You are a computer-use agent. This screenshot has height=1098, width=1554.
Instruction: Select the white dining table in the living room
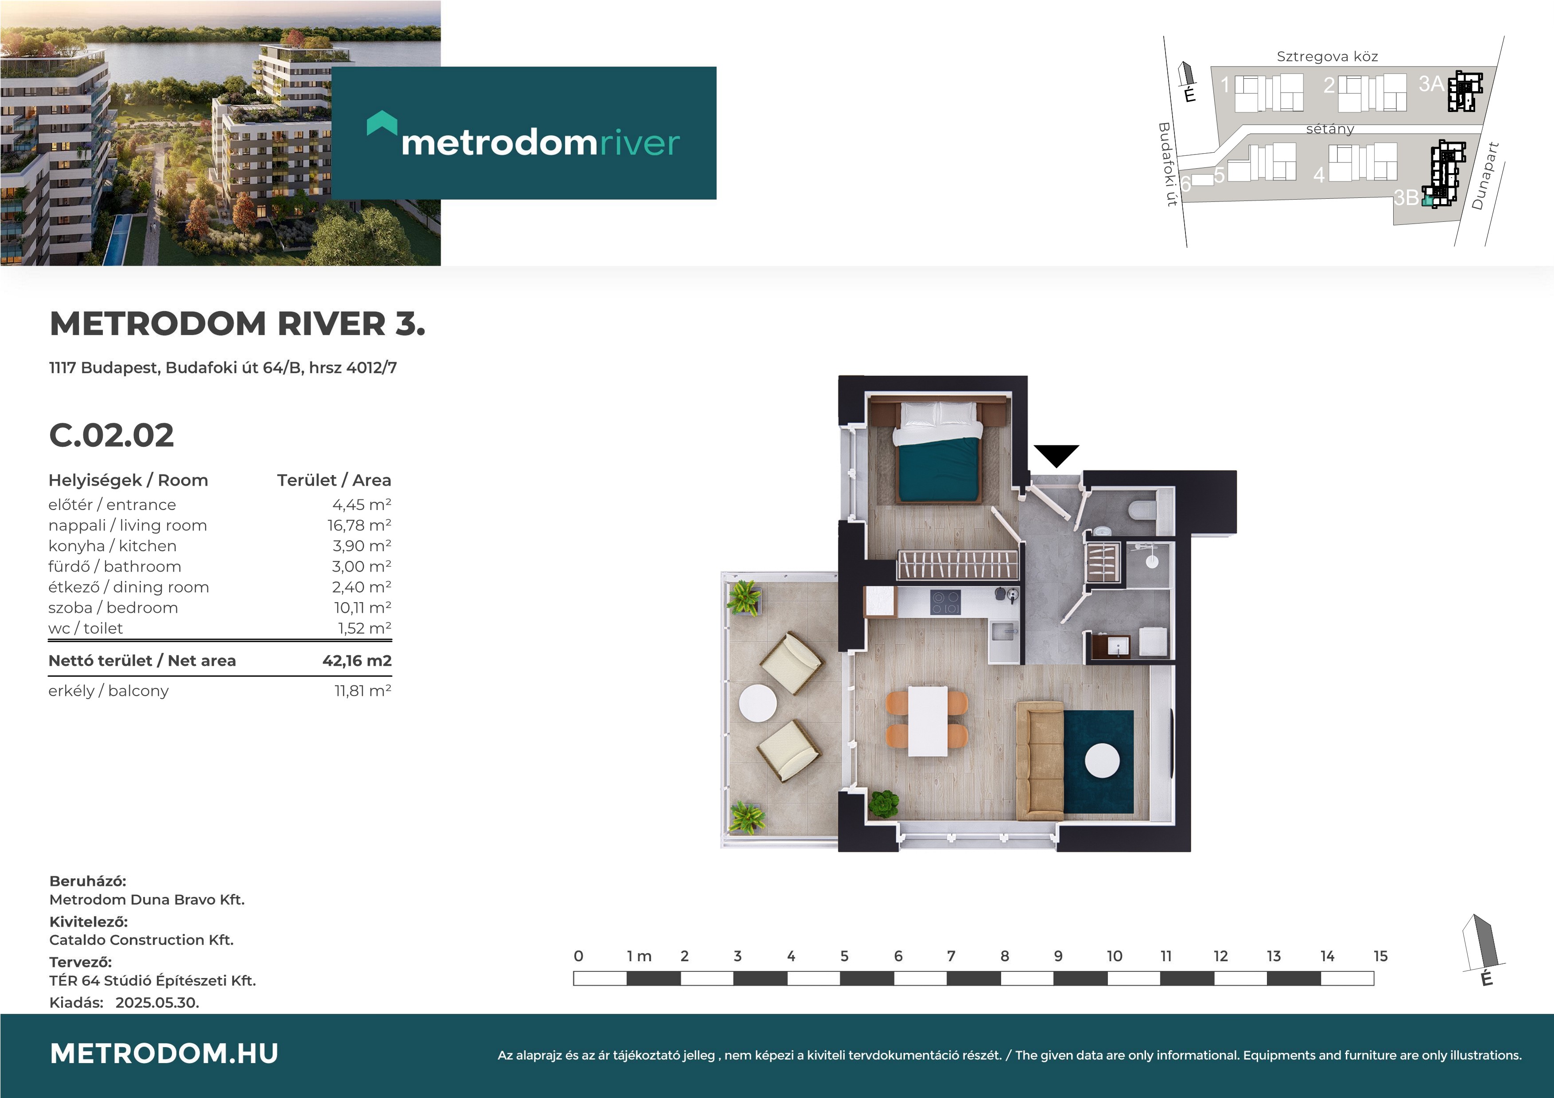[927, 721]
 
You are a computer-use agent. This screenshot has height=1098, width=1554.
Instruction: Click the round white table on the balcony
[758, 704]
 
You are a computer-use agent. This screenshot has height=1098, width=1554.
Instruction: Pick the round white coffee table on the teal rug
[1102, 761]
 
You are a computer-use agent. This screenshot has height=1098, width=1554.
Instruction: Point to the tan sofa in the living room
[1040, 761]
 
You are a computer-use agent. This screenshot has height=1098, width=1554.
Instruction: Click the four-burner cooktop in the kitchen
[945, 602]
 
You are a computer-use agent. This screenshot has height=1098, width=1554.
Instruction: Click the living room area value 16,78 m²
[359, 525]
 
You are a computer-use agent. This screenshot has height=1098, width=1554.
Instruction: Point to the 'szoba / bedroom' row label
[113, 607]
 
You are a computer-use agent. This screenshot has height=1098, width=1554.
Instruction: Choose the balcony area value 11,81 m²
[363, 691]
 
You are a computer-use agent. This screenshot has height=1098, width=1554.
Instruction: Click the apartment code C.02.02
[112, 435]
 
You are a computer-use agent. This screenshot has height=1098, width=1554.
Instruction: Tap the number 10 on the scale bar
[1114, 956]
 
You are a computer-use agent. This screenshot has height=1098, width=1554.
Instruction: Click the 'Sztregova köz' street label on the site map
[1327, 57]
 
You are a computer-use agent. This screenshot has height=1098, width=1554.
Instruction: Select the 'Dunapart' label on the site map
[1486, 176]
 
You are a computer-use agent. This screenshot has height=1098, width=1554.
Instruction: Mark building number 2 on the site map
[1329, 85]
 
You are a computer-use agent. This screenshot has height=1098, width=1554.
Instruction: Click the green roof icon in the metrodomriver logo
[382, 123]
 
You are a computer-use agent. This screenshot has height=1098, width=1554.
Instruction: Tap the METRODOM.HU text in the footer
[164, 1053]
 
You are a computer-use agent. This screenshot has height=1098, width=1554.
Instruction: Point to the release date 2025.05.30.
[157, 1003]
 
